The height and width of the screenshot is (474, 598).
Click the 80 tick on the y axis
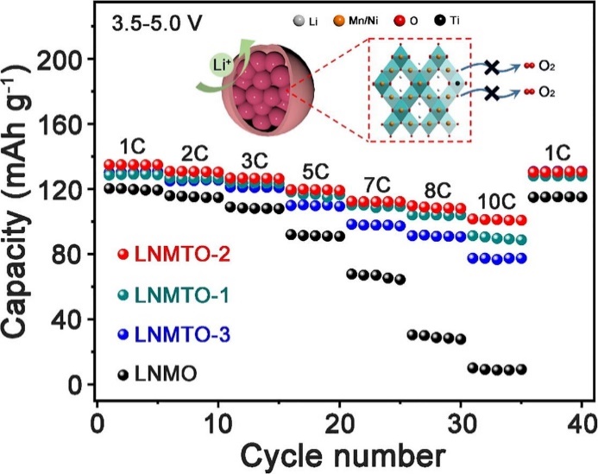pos(69,255)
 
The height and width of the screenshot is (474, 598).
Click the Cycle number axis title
pos(343,452)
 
